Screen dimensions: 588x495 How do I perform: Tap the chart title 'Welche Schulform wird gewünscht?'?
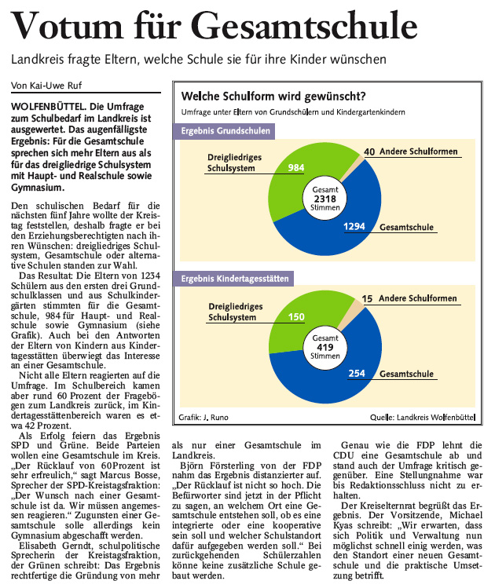click(273, 97)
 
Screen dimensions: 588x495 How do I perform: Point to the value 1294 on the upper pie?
click(355, 226)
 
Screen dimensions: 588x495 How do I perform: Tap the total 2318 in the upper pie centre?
click(324, 199)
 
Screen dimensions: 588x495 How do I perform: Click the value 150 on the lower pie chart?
click(296, 316)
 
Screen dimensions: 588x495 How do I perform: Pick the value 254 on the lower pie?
click(356, 373)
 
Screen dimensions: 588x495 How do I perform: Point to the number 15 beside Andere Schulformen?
click(368, 299)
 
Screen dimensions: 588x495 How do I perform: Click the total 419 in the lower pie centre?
click(324, 347)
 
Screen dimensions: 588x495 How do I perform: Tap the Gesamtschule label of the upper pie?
click(407, 228)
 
